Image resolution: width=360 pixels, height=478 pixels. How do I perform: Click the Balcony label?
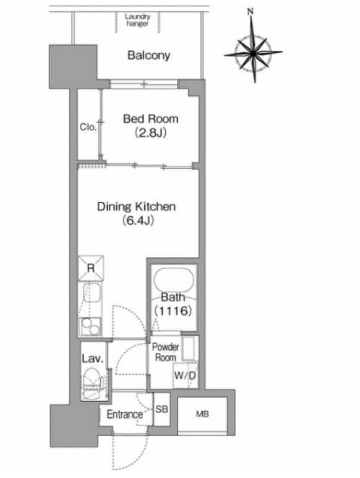click(148, 56)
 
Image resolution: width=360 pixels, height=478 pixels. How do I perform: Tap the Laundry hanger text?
click(137, 20)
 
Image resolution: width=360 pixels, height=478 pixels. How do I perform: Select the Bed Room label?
click(150, 119)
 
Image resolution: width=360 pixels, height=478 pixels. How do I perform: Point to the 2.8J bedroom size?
click(150, 133)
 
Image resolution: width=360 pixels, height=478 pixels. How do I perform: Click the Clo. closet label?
click(88, 126)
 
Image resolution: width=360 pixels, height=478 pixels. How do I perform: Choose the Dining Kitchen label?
click(137, 207)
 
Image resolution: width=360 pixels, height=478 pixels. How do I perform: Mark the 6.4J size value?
click(137, 220)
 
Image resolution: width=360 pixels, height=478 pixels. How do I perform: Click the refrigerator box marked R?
click(91, 268)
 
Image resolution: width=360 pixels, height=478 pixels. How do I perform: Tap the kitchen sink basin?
click(92, 293)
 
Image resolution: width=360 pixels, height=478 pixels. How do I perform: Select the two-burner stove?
click(90, 326)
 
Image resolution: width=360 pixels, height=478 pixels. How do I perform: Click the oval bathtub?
click(173, 280)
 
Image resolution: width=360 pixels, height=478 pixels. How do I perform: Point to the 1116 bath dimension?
click(173, 311)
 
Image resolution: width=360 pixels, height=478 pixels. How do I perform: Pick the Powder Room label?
click(165, 352)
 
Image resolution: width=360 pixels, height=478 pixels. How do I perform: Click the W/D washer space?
click(185, 376)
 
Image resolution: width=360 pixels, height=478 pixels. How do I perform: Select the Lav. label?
click(93, 358)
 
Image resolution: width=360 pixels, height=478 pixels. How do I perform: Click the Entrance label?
click(124, 414)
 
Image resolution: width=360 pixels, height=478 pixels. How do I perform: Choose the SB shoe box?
click(161, 409)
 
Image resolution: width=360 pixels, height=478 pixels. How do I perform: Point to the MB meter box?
click(202, 414)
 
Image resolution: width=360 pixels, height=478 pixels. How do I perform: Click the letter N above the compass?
click(251, 12)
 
